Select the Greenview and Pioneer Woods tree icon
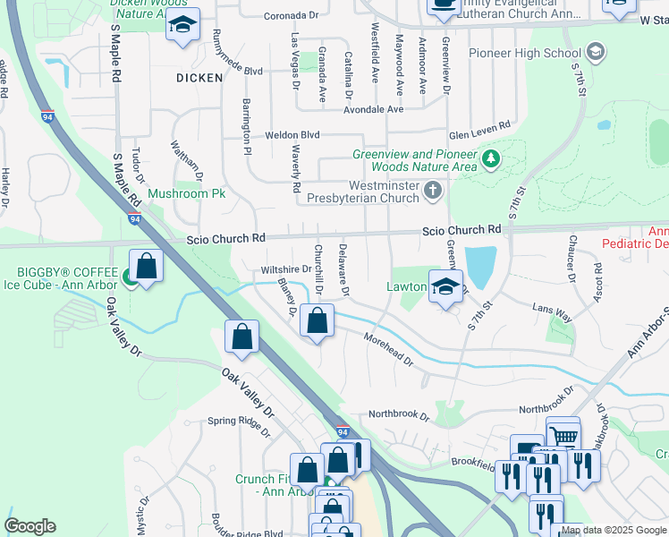coord(489,159)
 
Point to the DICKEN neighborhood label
coord(199,78)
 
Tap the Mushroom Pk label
coord(186,193)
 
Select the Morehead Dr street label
coord(388,350)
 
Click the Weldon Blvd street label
coord(292,135)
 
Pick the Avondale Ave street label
coord(376,109)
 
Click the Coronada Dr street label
coord(292,16)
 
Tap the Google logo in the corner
coord(30,526)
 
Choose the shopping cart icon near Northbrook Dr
coord(563,434)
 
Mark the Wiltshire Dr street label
coord(285,268)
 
